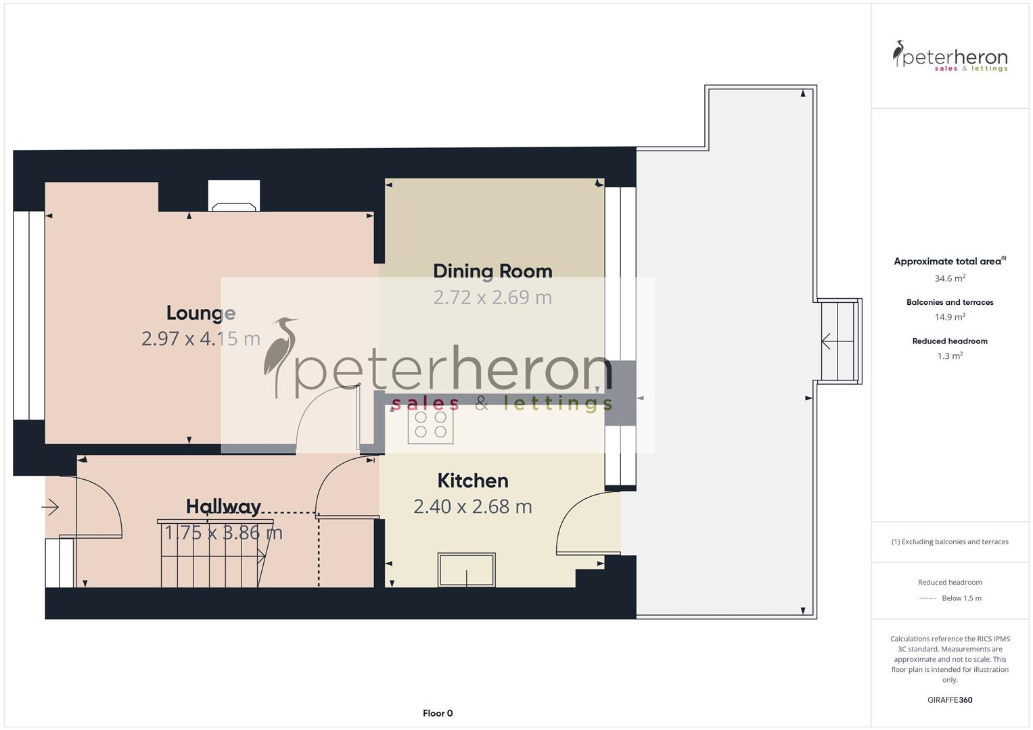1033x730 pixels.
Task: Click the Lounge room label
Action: (201, 313)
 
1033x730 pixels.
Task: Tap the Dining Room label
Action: (492, 271)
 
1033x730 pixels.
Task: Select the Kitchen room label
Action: (473, 481)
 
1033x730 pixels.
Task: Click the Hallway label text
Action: (223, 506)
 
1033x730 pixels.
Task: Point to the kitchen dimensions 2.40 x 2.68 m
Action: (473, 506)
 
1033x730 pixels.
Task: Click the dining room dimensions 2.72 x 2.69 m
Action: (492, 297)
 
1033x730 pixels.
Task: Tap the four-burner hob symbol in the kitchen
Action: (430, 424)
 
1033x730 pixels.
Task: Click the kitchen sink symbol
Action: (466, 569)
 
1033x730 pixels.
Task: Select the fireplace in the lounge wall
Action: (233, 197)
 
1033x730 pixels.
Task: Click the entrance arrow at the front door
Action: (51, 506)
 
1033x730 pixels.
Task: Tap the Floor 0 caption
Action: (438, 713)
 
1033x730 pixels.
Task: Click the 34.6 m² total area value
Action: (950, 278)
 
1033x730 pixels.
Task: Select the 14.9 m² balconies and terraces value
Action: (950, 317)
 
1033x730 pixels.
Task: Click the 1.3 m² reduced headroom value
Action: (950, 356)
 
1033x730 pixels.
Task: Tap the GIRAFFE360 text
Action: (950, 700)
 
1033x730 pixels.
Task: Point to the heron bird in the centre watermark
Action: (279, 355)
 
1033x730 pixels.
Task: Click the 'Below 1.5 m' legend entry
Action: (961, 598)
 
